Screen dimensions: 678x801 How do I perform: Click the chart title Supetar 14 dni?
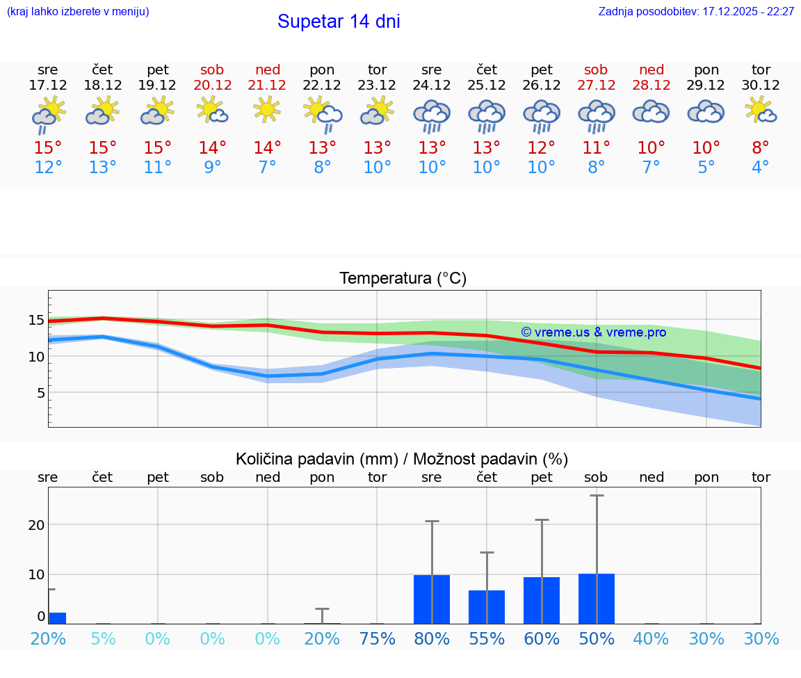pos(339,22)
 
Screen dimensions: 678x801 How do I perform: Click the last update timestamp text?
pos(696,12)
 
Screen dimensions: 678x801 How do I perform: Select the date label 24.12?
pos(432,86)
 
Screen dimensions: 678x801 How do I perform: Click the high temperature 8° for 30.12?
pos(761,148)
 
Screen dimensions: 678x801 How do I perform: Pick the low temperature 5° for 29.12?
pos(706,168)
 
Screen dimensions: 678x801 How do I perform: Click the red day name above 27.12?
pos(596,70)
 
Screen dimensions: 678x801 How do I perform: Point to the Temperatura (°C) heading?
pos(403,279)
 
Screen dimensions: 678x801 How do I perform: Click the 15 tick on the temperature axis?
pos(36,320)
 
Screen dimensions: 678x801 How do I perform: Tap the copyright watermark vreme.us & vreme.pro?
pos(593,332)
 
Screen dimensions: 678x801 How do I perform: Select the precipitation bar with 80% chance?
pos(432,599)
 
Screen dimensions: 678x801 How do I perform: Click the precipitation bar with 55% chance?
pos(487,607)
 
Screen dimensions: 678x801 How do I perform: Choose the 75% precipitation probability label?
pos(377,638)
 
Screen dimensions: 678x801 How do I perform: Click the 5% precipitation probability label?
pos(103,638)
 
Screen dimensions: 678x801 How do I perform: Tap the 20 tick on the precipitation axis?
pos(36,525)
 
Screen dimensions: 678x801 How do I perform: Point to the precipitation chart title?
pos(402,459)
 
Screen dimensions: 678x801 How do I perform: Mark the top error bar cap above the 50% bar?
pos(597,496)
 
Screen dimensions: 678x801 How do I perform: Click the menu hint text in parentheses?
pos(78,12)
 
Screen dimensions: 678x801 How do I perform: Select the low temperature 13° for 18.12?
pos(103,168)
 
